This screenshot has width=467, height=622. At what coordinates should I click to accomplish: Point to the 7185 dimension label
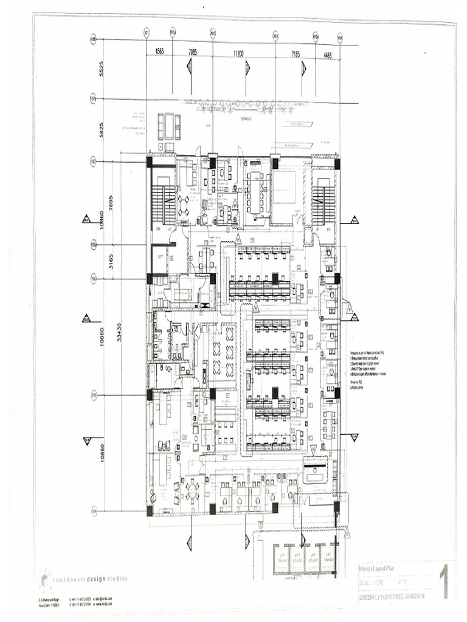click(295, 54)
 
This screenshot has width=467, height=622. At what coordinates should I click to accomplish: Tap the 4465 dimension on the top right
click(327, 55)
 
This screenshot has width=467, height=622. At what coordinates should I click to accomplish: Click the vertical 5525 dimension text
click(102, 69)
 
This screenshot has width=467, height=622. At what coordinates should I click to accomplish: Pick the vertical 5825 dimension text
click(102, 129)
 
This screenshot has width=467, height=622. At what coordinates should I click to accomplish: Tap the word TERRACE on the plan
click(247, 119)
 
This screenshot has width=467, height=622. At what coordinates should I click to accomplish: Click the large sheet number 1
click(444, 581)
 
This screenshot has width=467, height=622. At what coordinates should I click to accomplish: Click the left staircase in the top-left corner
click(162, 205)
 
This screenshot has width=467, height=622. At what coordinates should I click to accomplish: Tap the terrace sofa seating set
click(169, 127)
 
